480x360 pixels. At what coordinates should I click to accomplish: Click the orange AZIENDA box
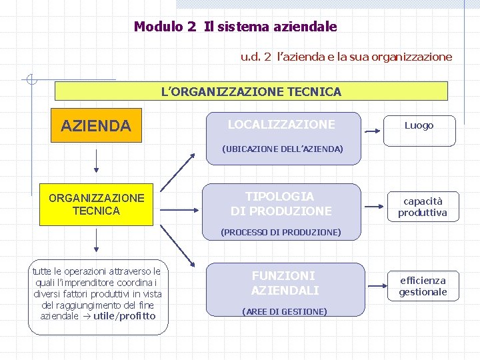(96, 126)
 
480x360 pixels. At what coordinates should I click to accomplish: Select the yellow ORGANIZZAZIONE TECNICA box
(96, 204)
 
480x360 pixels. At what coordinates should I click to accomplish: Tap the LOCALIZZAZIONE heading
(281, 125)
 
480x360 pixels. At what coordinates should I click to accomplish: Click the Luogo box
(419, 126)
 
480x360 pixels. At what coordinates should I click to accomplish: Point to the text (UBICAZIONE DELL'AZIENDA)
(282, 149)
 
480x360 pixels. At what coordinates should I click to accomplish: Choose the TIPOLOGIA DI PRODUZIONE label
(281, 204)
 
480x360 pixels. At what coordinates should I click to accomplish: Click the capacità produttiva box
(423, 207)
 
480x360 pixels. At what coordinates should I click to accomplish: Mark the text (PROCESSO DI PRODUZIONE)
(281, 232)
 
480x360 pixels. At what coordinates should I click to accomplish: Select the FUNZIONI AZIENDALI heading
(285, 283)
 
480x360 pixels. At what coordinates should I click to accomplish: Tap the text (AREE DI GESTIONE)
(285, 311)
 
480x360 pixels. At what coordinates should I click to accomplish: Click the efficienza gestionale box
(423, 286)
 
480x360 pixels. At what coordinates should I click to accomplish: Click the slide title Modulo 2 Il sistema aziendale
(235, 27)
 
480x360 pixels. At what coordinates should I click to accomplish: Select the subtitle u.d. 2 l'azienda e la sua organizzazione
(346, 57)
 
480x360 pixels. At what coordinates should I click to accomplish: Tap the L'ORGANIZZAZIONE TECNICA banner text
(251, 91)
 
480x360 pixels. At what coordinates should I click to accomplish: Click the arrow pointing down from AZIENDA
(97, 160)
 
